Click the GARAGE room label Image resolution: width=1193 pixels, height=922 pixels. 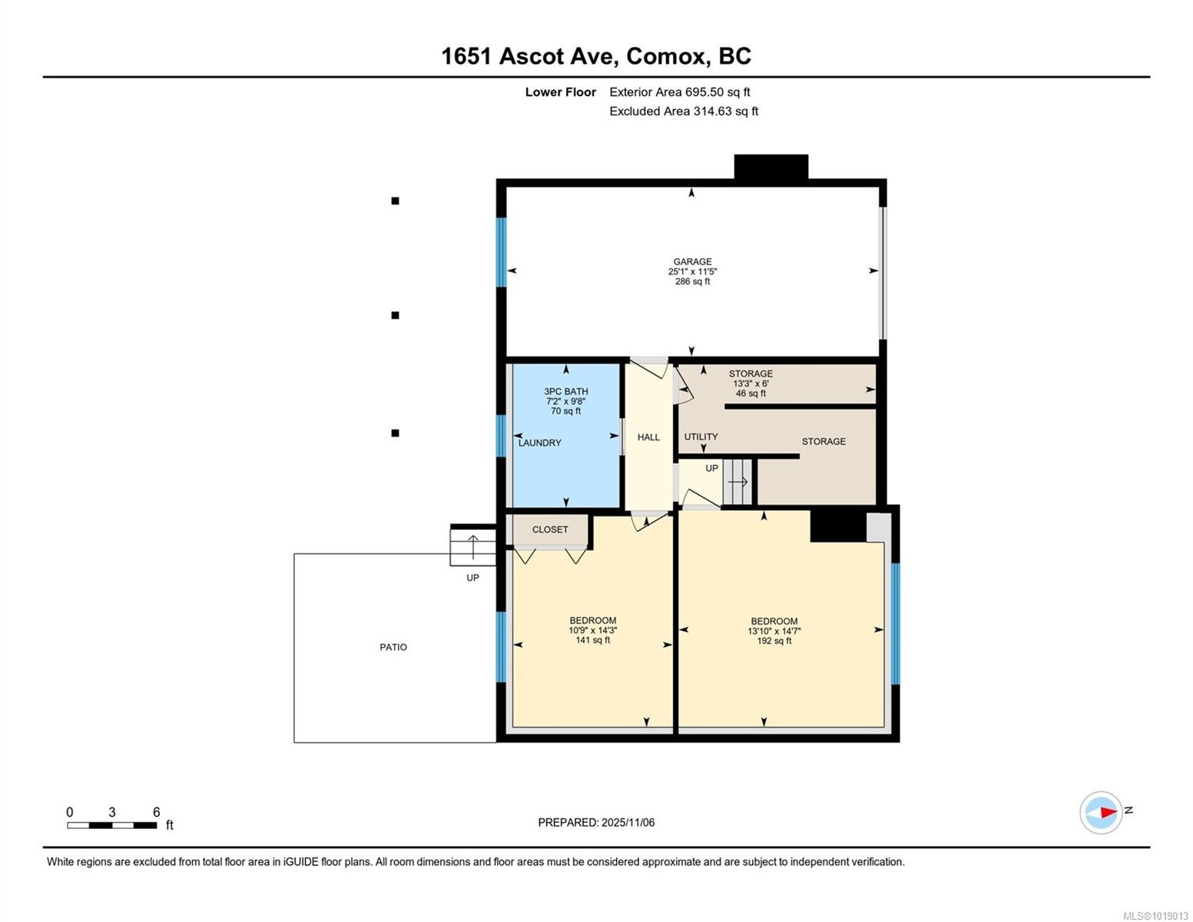692,261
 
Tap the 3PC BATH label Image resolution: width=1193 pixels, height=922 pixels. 565,391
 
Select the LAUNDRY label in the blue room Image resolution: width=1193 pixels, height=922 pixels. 540,443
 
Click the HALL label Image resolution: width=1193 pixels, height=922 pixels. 648,437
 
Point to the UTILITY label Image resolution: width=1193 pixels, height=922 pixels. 701,436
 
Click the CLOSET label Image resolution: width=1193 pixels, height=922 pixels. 550,529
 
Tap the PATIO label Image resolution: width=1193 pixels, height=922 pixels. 393,647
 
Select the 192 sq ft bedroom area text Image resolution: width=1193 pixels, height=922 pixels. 774,641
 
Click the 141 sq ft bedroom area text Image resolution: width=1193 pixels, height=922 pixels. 592,640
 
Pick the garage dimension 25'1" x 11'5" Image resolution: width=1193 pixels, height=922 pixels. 692,271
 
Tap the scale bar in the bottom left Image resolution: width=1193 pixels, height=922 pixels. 112,825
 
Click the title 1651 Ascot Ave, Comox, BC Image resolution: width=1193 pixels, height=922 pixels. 596,56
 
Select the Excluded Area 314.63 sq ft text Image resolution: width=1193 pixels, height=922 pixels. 684,111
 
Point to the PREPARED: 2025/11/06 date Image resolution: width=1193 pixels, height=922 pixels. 596,822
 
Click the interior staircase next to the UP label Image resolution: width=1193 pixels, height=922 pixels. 738,482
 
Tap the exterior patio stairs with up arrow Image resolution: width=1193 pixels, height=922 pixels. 472,546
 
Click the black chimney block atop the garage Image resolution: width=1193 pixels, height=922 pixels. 770,167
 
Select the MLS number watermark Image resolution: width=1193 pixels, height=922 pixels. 1155,915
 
